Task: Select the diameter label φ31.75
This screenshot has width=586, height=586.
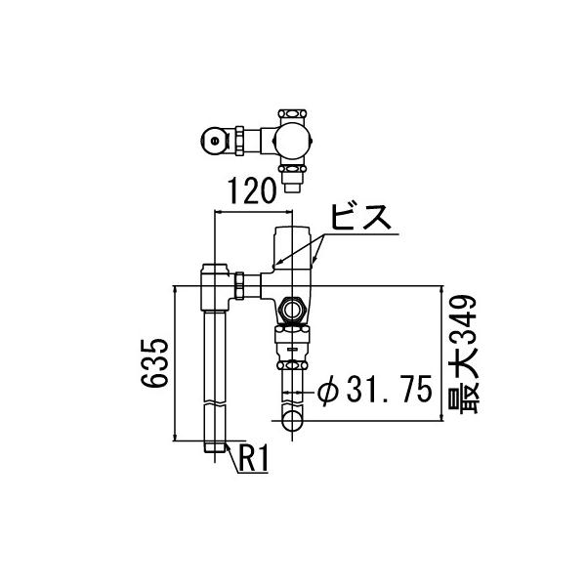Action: click(x=374, y=392)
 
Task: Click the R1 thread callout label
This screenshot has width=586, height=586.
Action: click(x=253, y=457)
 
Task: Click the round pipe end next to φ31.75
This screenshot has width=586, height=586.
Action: click(x=292, y=421)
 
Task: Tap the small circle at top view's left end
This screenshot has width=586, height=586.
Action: click(x=214, y=143)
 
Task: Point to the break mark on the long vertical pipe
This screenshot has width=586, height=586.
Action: click(x=215, y=403)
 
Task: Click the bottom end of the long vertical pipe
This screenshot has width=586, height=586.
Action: click(x=215, y=448)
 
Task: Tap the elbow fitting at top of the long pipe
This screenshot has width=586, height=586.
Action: click(x=215, y=284)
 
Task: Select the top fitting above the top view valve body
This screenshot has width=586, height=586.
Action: click(x=291, y=113)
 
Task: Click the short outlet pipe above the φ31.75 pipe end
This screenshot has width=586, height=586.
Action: click(x=292, y=386)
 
